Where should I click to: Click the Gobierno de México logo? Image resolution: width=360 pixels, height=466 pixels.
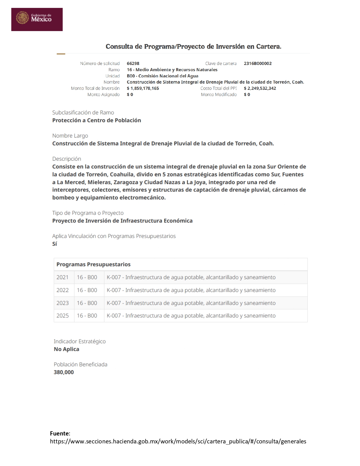tap(37, 19)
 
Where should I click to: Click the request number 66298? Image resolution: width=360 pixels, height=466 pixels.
tap(133, 64)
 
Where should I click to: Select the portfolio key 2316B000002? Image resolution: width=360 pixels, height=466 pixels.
tap(258, 64)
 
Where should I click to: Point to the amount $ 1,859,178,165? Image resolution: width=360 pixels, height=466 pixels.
tap(143, 88)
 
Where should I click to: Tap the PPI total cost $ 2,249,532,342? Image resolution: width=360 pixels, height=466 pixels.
tap(260, 88)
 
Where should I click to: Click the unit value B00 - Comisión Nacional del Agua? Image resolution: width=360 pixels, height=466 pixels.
tap(162, 76)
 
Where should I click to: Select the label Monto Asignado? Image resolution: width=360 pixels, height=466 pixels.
tap(103, 95)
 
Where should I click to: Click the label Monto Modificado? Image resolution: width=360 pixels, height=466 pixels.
tap(219, 95)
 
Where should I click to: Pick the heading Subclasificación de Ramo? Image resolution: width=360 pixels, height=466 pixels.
tap(83, 113)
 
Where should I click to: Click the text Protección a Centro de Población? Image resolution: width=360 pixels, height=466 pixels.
tap(97, 120)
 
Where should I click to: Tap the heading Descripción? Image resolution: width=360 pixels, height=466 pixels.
tap(67, 159)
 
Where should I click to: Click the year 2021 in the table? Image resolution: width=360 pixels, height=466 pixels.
tap(62, 277)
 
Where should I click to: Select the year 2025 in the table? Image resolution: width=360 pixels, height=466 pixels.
tap(62, 316)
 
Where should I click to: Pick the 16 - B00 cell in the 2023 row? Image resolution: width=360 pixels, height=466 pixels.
tap(87, 303)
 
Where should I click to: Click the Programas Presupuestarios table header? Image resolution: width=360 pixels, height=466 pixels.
tap(93, 265)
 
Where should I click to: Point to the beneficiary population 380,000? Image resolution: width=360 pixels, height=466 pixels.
tap(64, 372)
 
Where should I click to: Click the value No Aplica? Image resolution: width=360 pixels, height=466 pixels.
tap(66, 349)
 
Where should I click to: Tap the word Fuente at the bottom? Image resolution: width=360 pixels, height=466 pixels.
tap(59, 434)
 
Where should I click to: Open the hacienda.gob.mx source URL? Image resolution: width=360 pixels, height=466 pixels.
tap(178, 441)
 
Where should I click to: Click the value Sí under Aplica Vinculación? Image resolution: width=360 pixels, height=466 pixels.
tap(54, 244)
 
